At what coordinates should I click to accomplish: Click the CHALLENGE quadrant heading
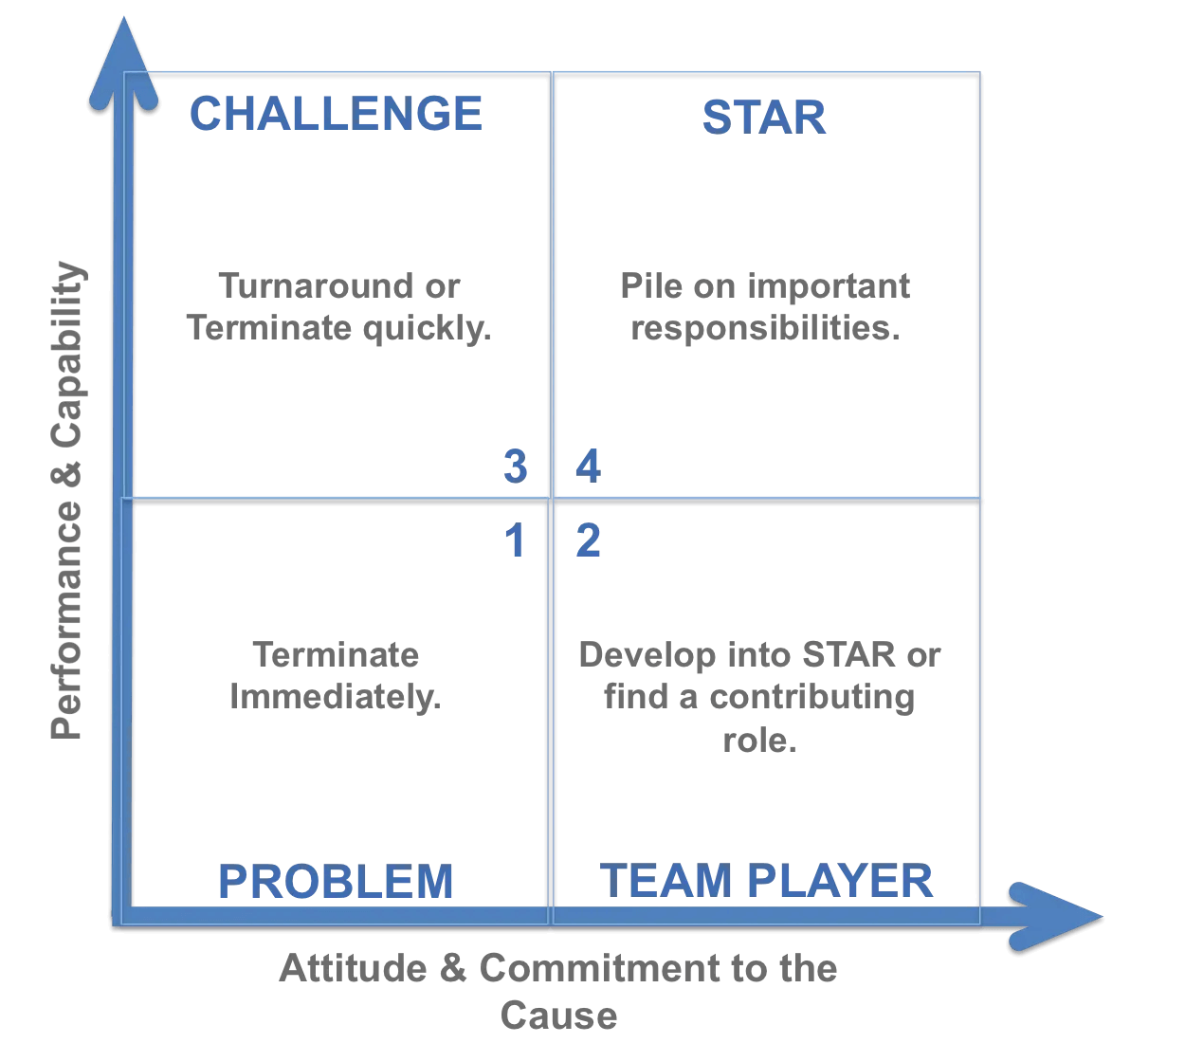coord(336,114)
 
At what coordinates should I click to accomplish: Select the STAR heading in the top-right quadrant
coord(764,118)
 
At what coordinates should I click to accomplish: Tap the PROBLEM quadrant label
coord(336,881)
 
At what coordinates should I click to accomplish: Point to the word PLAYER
coord(840,880)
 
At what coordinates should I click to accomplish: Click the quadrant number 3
coord(515,467)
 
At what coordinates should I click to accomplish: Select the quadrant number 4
coord(588,467)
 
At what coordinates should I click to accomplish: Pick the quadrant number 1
coord(515,540)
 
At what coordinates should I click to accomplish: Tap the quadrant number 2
coord(588,540)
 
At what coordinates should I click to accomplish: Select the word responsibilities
coord(765,328)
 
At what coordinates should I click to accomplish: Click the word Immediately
coord(336,697)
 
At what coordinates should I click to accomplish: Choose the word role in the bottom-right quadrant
coord(758,740)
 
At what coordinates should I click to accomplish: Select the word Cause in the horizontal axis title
coord(559,1016)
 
